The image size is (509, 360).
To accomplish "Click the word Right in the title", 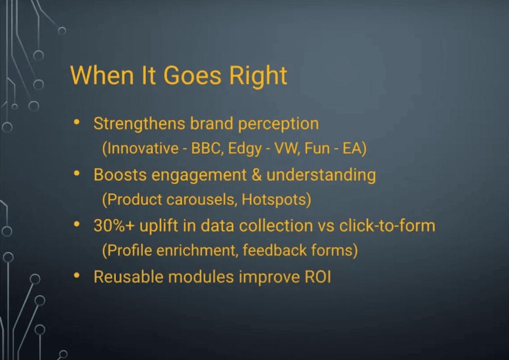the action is click(258, 77).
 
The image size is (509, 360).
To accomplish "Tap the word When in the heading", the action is click(102, 75).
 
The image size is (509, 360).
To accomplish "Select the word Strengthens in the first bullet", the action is click(139, 124).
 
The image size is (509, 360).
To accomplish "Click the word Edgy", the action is click(245, 149).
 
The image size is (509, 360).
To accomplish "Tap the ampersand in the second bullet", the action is click(257, 175).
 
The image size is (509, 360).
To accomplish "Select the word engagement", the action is click(199, 176).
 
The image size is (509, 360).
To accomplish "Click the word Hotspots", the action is click(274, 200).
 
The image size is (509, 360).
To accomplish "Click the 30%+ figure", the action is click(114, 225).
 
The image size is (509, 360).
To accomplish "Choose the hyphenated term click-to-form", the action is click(387, 225).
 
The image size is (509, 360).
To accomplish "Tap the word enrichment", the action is click(196, 250).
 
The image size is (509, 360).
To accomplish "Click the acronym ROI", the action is click(318, 277).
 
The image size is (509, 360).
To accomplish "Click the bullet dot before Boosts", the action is click(77, 173).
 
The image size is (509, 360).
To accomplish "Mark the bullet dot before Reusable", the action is click(77, 275).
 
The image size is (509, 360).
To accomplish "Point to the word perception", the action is click(278, 125).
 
